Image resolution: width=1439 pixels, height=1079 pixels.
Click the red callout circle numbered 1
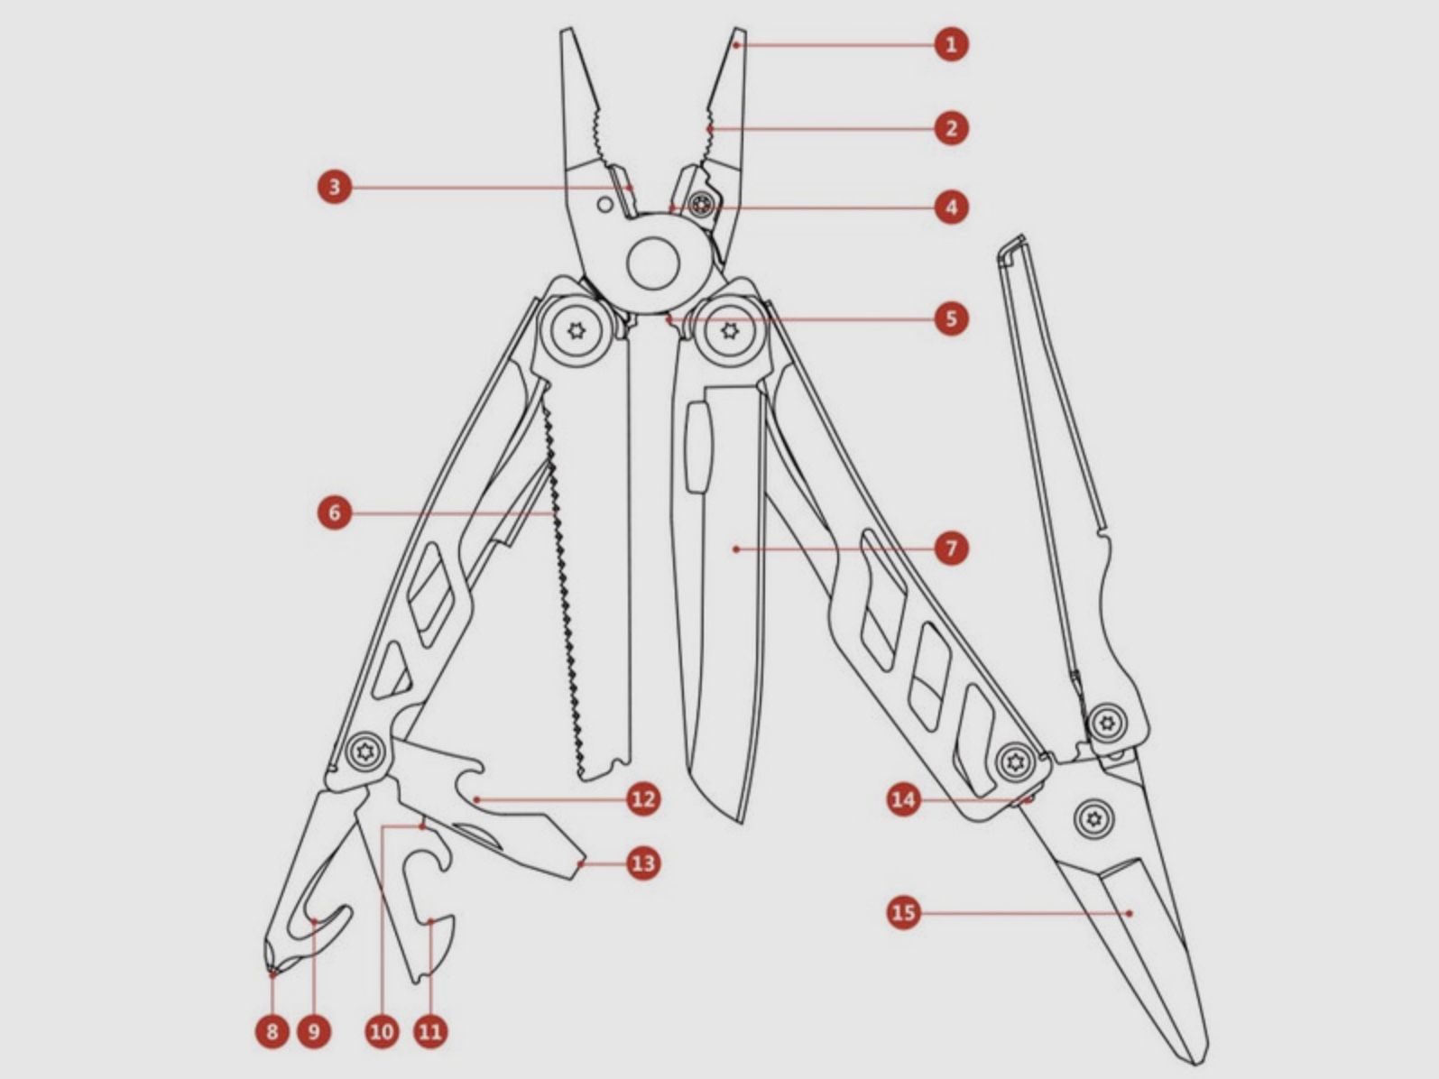pyautogui.click(x=950, y=43)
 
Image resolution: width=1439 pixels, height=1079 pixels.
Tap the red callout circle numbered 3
pyautogui.click(x=335, y=188)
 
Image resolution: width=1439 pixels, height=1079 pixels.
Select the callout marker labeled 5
pyautogui.click(x=951, y=318)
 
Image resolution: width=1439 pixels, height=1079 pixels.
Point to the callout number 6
pyautogui.click(x=335, y=513)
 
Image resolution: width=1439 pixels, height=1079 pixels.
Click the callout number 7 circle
pyautogui.click(x=951, y=548)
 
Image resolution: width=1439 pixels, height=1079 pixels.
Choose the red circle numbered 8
pyautogui.click(x=272, y=1030)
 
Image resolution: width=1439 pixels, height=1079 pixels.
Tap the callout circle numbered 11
pyautogui.click(x=430, y=1030)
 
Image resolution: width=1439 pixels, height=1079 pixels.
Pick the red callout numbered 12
pyautogui.click(x=642, y=798)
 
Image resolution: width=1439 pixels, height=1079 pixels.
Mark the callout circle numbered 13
pyautogui.click(x=642, y=863)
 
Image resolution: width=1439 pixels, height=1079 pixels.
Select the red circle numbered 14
pyautogui.click(x=903, y=799)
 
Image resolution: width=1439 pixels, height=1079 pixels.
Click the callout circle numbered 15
pyautogui.click(x=903, y=912)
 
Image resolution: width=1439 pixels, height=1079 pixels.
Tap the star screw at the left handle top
pyautogui.click(x=576, y=332)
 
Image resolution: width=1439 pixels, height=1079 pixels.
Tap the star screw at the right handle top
pyautogui.click(x=731, y=332)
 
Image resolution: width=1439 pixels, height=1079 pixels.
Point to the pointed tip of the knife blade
pyautogui.click(x=742, y=821)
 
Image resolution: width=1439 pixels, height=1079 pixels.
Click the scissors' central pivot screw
pyautogui.click(x=1094, y=818)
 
